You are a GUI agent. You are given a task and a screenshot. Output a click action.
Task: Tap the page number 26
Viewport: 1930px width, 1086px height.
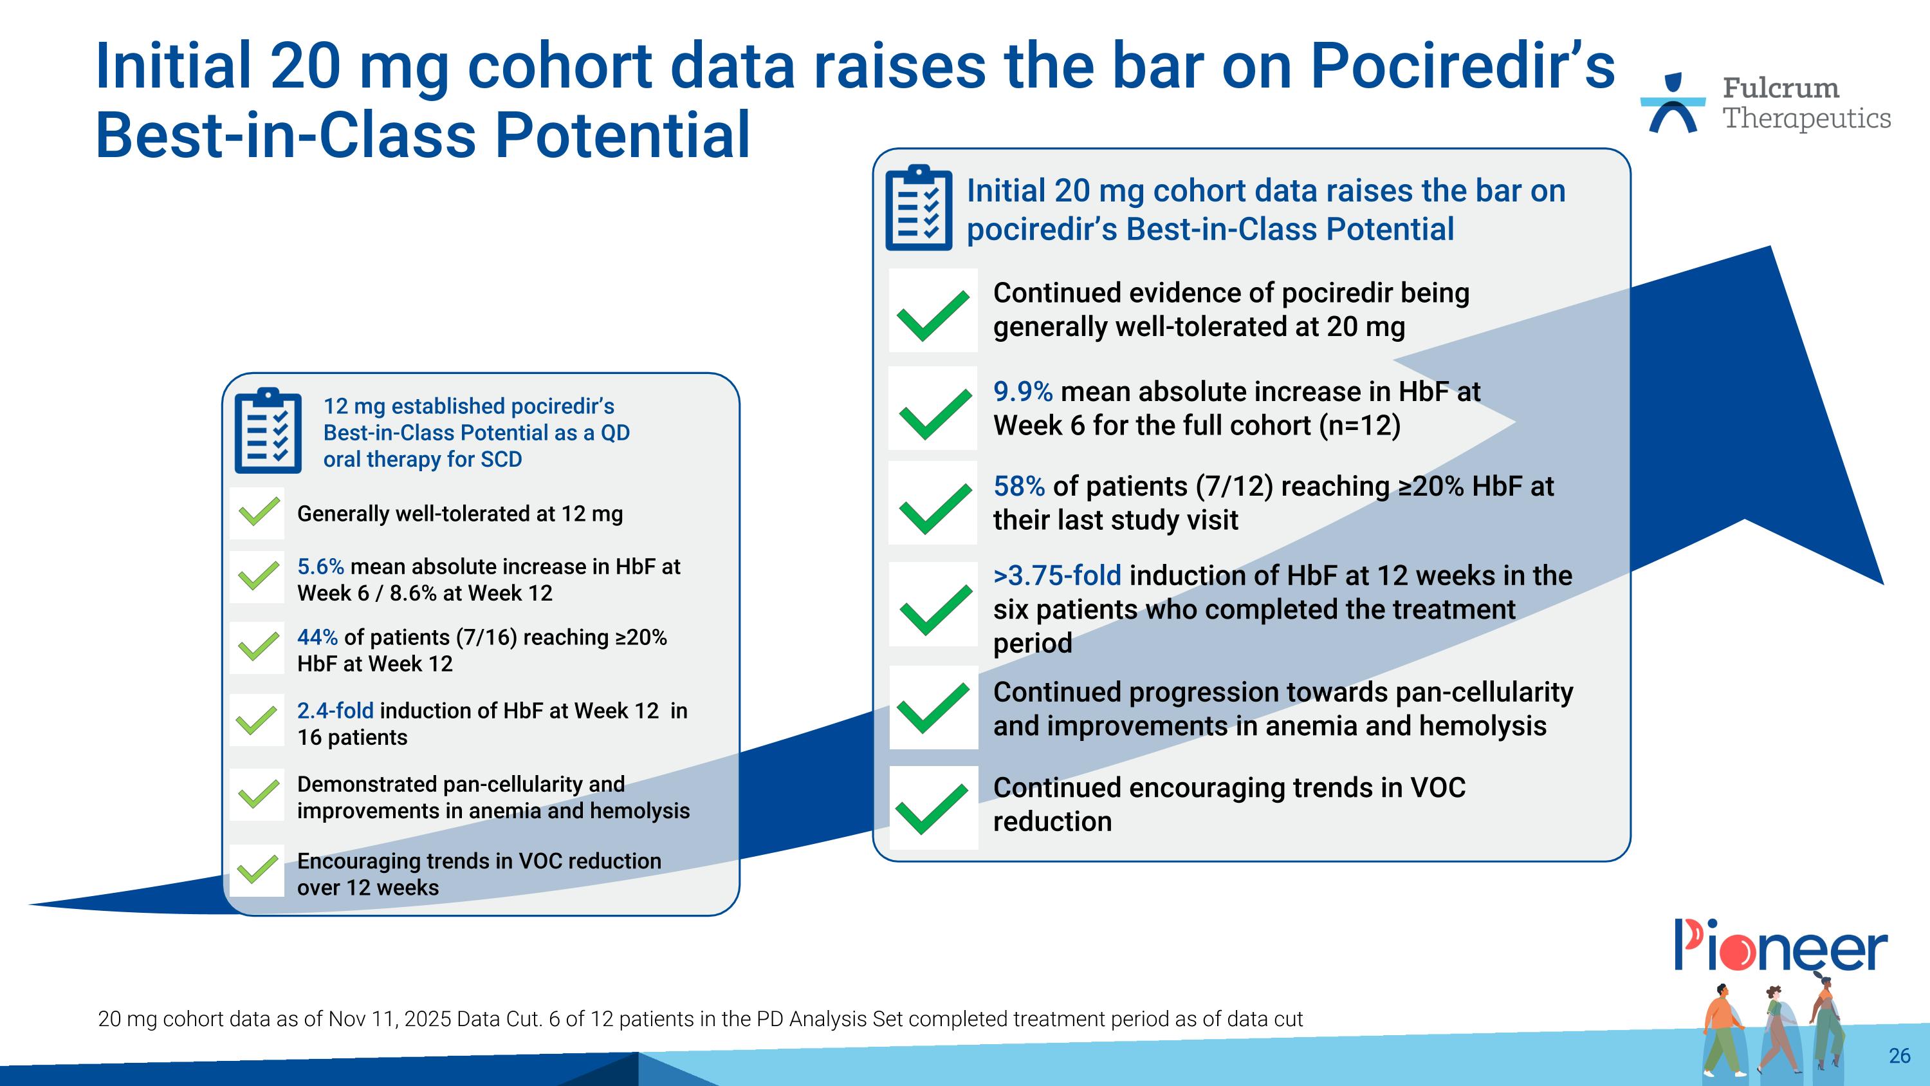(x=1899, y=1055)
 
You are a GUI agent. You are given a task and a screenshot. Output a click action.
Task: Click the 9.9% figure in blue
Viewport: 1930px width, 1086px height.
(x=1023, y=391)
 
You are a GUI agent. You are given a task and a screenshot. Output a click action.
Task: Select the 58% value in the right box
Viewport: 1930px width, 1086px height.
(x=1018, y=487)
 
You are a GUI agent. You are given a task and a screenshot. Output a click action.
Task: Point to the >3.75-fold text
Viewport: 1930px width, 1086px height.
(x=1057, y=576)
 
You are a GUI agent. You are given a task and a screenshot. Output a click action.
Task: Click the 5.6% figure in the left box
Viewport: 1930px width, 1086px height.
(x=320, y=566)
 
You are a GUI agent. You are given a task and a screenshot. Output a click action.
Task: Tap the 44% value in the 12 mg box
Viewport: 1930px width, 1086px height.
(x=317, y=637)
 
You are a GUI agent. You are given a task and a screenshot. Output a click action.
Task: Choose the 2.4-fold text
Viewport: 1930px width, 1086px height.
(x=335, y=711)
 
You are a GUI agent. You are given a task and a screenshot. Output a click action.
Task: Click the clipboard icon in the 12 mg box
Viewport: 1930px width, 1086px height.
(x=268, y=431)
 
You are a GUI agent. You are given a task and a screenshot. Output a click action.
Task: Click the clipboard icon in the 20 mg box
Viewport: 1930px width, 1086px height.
(x=919, y=207)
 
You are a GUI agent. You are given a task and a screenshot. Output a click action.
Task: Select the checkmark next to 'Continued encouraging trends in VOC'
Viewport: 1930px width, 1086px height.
(x=933, y=808)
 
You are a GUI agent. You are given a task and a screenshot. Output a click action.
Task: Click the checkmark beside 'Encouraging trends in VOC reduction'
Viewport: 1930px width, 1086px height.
(x=257, y=870)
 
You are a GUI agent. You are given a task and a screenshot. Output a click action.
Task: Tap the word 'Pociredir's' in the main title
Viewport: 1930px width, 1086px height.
(x=1462, y=66)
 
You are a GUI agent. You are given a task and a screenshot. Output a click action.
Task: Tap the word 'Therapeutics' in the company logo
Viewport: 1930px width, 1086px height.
(x=1806, y=118)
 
